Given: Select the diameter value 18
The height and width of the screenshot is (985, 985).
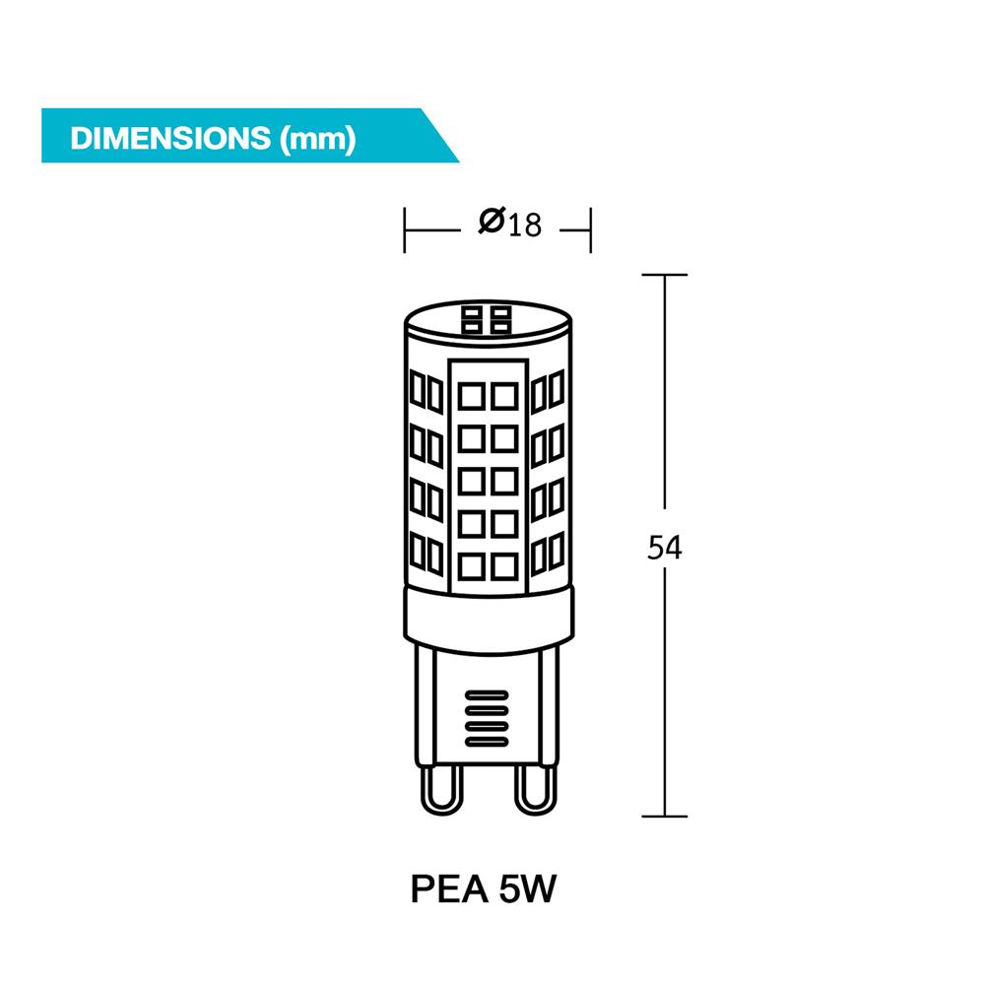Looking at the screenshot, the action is (525, 225).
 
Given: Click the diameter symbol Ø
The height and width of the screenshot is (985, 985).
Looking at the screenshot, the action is (492, 223).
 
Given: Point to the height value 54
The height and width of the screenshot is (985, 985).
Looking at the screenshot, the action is (665, 549).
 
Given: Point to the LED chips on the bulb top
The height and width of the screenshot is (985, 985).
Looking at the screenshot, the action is (488, 318).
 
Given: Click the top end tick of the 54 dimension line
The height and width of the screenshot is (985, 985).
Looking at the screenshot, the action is (665, 275).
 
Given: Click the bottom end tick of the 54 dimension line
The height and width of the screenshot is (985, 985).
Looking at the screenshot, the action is (665, 816).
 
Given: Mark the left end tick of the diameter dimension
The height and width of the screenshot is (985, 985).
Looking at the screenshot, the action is (405, 230).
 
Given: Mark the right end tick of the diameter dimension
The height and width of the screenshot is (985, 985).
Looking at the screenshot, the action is (589, 230).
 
